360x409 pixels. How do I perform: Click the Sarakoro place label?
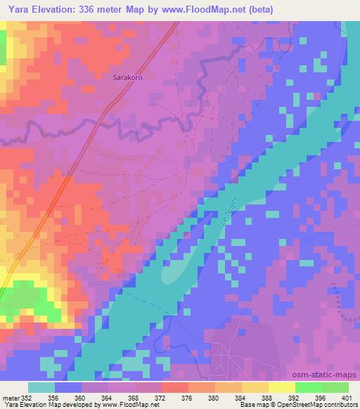[x=127, y=79]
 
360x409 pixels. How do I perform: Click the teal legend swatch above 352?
[x=41, y=387]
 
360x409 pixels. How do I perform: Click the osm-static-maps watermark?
[x=329, y=375]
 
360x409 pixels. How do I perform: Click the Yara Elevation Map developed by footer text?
[x=56, y=405]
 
